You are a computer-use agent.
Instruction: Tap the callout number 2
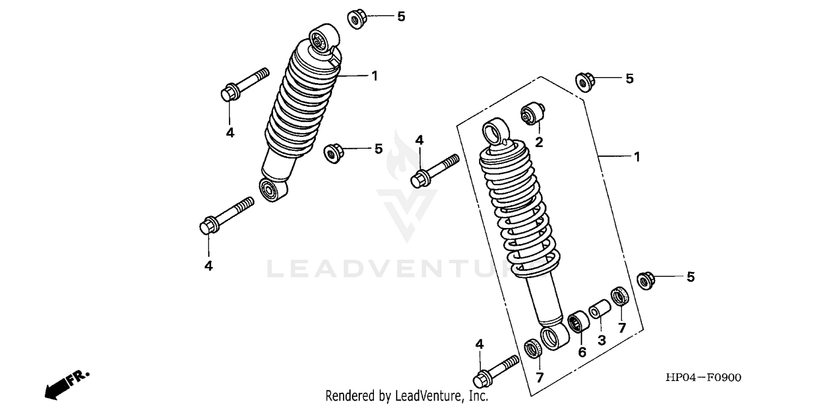539,142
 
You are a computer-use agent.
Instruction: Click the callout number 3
601,340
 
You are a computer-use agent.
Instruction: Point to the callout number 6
582,352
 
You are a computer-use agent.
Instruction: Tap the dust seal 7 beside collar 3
619,297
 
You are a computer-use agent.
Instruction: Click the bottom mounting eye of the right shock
554,338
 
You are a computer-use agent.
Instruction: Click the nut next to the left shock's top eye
356,20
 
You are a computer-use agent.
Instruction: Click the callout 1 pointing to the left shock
374,76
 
